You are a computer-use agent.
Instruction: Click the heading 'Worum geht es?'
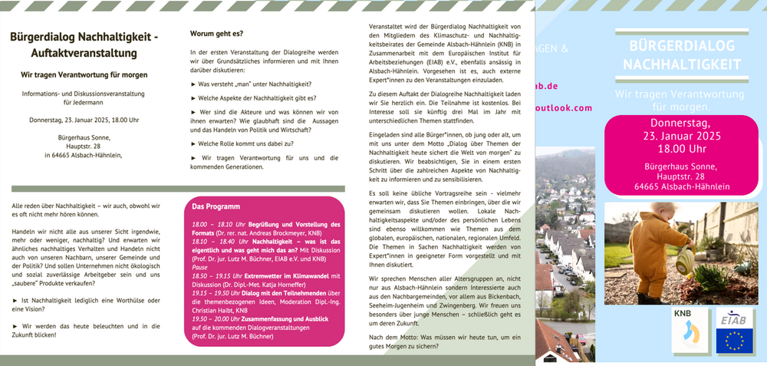click(x=216, y=34)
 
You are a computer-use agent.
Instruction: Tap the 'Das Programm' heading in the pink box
click(x=216, y=206)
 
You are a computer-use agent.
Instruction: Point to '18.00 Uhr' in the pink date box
click(x=681, y=148)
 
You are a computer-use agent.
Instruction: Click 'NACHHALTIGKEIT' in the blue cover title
click(x=681, y=64)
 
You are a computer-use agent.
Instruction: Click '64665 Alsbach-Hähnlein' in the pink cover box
click(x=681, y=186)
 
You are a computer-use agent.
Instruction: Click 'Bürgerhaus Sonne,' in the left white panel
click(x=84, y=137)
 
